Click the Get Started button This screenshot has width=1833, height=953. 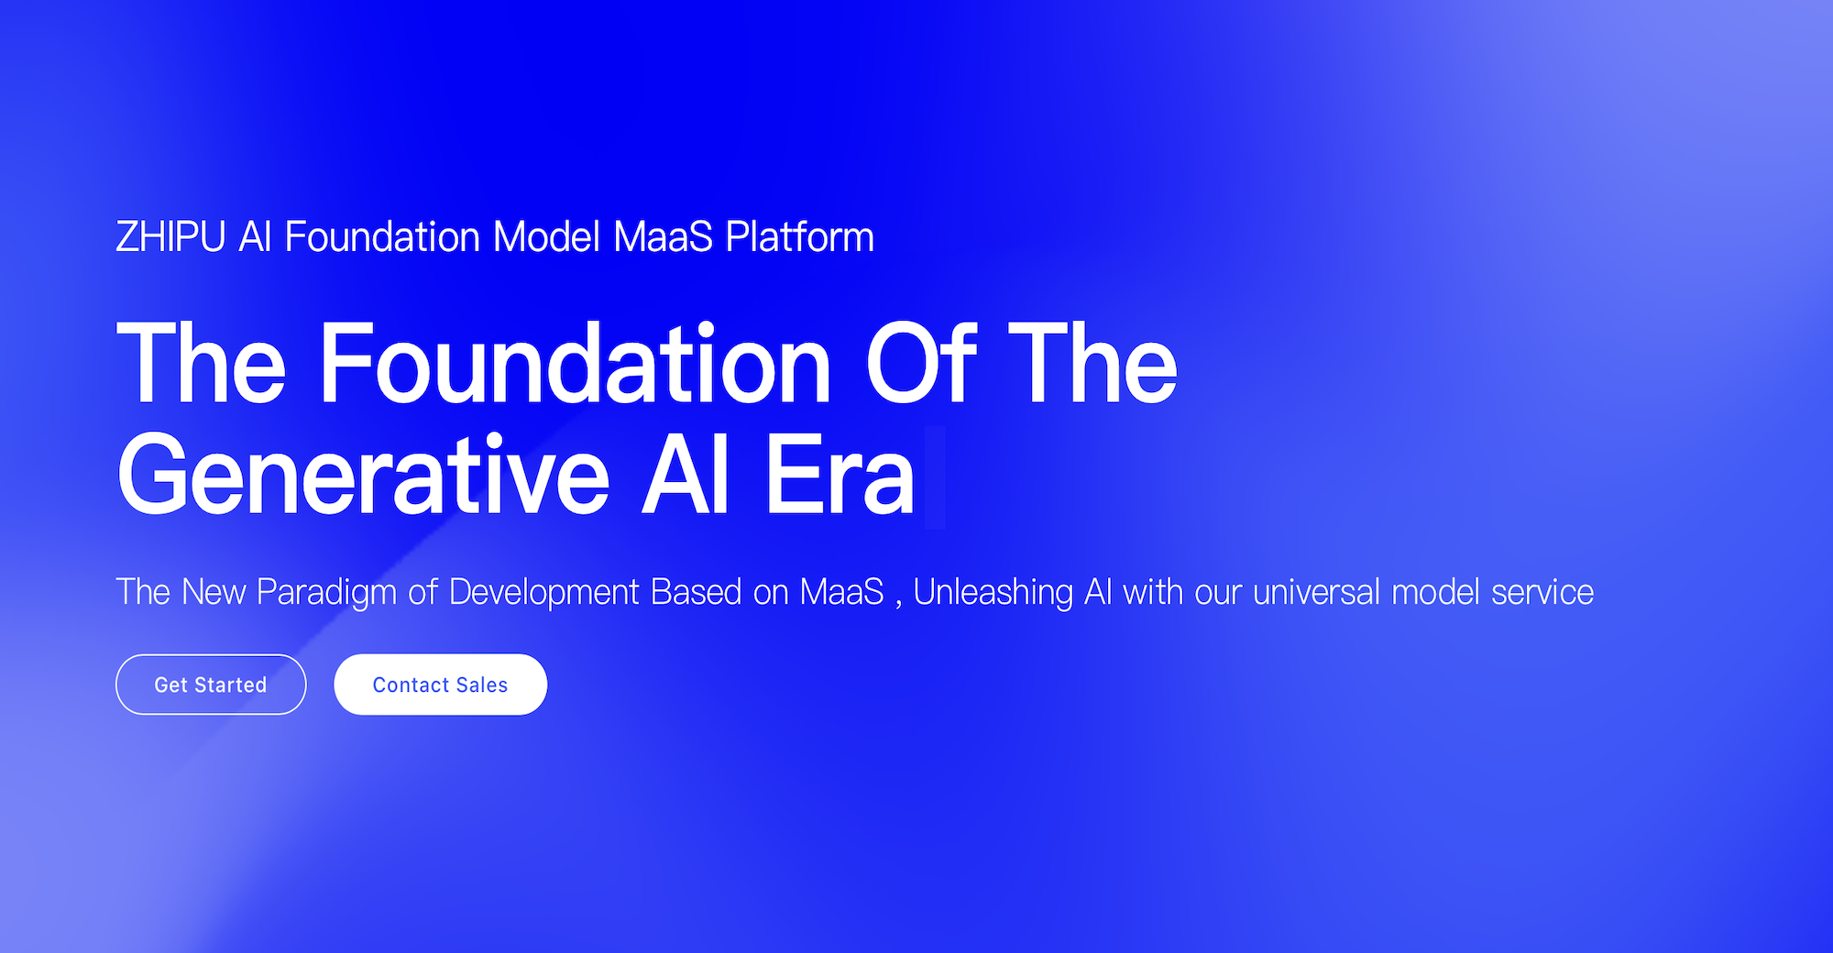click(x=211, y=685)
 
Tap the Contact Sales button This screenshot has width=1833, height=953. click(x=440, y=685)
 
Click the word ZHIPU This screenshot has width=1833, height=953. click(x=170, y=237)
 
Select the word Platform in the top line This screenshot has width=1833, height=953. click(x=799, y=237)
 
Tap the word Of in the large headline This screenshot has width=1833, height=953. click(x=921, y=363)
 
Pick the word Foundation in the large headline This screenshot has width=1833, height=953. click(x=575, y=363)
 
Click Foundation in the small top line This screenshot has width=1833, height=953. click(x=382, y=237)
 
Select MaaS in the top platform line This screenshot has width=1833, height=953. click(x=663, y=237)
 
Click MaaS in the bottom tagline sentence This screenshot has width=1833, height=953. click(x=841, y=592)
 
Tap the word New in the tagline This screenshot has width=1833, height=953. click(x=214, y=592)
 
